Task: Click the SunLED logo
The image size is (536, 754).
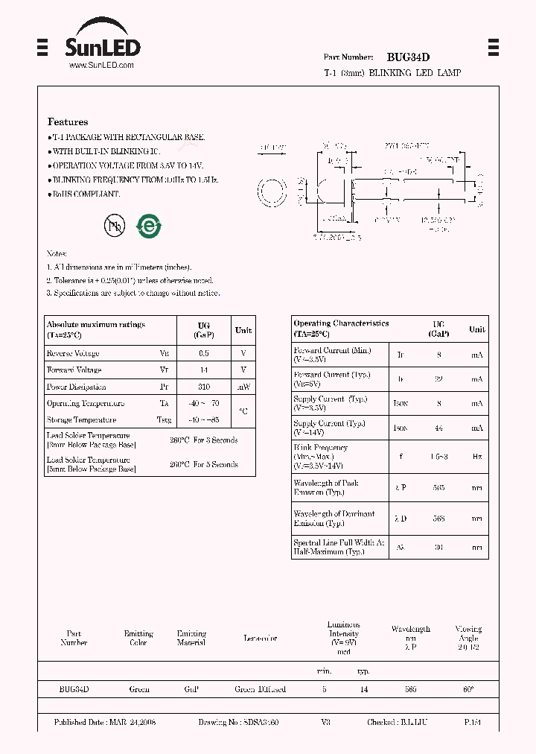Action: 102,43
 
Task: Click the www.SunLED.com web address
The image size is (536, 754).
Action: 101,66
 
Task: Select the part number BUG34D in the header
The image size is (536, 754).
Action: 408,57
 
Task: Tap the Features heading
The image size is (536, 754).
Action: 68,121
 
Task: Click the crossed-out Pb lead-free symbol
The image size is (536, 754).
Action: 115,226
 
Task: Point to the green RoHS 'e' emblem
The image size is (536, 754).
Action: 149,226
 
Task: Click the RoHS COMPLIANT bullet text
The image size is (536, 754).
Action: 85,194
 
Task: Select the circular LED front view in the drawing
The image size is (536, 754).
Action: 272,193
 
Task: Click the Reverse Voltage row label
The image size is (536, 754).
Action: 73,353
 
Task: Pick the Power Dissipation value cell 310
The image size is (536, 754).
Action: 204,387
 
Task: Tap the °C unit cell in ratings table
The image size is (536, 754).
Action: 243,411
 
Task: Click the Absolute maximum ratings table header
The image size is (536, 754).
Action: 96,329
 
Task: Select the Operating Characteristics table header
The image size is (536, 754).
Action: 341,328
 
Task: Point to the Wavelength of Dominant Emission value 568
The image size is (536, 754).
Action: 438,519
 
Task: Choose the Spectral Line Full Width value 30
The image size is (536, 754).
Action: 438,547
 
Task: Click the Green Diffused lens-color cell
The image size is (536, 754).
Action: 260,689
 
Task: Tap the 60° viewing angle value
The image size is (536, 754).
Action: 468,689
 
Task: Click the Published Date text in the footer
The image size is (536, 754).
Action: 105,722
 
